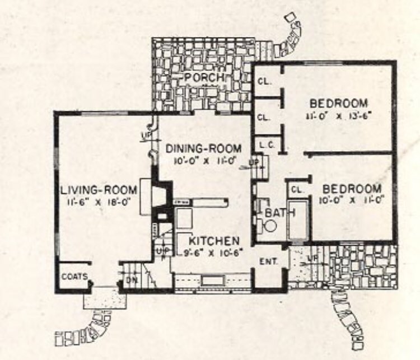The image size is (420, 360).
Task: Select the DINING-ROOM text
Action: coord(204,148)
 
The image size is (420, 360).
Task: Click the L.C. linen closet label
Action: coord(265,144)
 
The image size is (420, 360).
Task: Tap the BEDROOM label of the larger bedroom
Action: coord(338,103)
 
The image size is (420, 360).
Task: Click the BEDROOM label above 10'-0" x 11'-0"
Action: coord(350,188)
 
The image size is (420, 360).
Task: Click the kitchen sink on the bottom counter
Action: coord(213,280)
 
